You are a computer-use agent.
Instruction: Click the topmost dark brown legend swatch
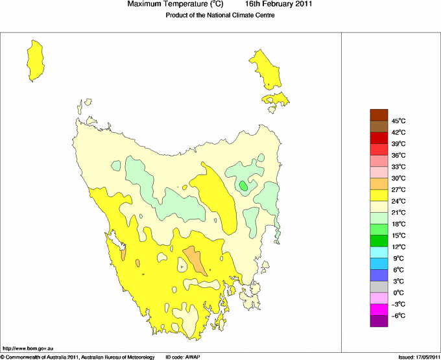pos(379,115)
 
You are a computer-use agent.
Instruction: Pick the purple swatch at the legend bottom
pos(379,320)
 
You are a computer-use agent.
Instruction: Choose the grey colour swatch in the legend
pos(379,286)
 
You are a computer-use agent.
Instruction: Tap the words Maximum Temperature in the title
pos(175,5)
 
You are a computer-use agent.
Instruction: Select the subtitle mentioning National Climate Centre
pos(220,16)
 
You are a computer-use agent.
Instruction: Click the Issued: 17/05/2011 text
pos(418,357)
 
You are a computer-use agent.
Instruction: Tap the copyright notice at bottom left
pos(78,357)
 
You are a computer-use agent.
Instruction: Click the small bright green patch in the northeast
pos(243,186)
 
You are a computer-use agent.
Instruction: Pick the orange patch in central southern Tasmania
pos(195,260)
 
